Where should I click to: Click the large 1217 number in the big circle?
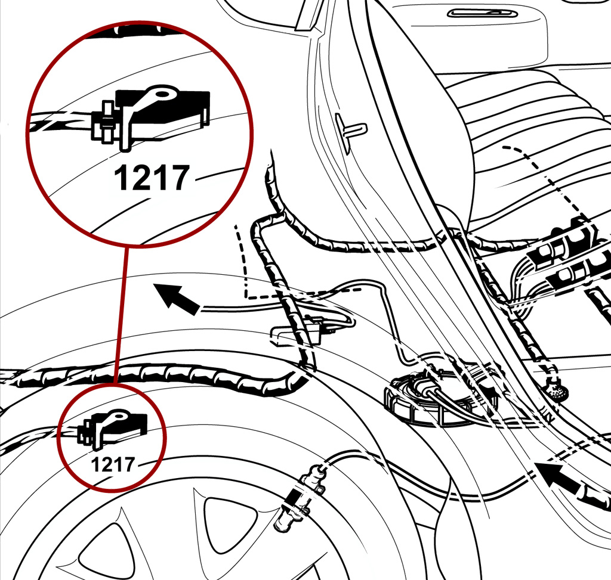point(152,178)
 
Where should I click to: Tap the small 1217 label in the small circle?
point(113,464)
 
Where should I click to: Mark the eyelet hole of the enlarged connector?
point(164,94)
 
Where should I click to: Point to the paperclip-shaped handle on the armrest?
point(482,14)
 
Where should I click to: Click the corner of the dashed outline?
point(246,298)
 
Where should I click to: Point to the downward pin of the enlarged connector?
point(125,134)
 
